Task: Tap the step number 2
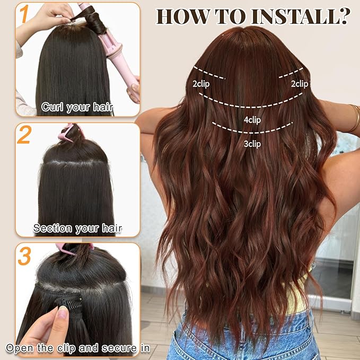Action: (x=24, y=135)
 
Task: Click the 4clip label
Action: (x=252, y=120)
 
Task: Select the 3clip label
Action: (x=252, y=143)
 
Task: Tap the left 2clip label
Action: (x=201, y=83)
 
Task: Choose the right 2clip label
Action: (x=299, y=83)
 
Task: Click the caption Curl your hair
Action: (x=77, y=107)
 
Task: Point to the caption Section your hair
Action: (x=77, y=229)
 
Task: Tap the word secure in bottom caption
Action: (x=110, y=348)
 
